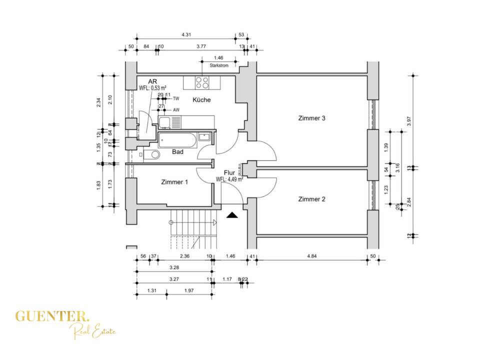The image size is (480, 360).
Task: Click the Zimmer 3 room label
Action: click(x=311, y=118)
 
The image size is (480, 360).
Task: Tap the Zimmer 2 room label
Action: click(x=311, y=199)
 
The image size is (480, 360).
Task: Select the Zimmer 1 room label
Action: click(x=174, y=182)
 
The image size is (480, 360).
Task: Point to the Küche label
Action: click(x=201, y=100)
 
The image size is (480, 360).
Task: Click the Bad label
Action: click(x=177, y=151)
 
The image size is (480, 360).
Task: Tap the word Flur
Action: click(x=229, y=172)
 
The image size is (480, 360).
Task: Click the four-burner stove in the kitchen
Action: click(x=202, y=81)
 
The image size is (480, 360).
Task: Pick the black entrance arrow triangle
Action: click(x=231, y=215)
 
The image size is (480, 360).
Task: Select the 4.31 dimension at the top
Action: click(x=186, y=34)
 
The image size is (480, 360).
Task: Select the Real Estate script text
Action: click(x=94, y=330)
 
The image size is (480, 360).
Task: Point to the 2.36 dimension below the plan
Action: click(x=184, y=256)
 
